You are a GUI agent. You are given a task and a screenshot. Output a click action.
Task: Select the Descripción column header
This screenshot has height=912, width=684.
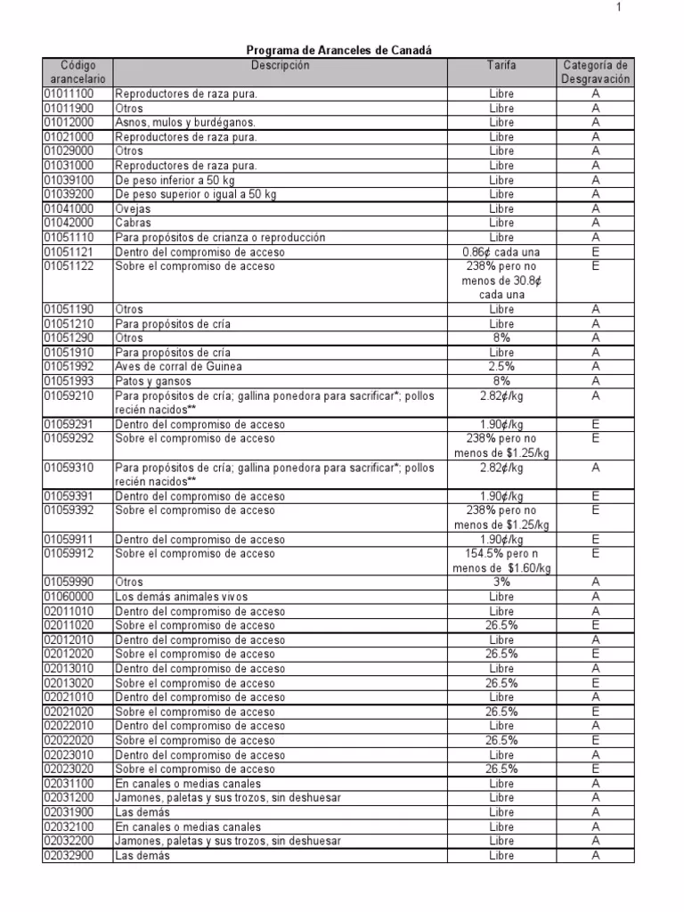[280, 66]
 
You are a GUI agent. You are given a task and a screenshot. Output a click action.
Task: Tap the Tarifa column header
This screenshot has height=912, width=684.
[501, 66]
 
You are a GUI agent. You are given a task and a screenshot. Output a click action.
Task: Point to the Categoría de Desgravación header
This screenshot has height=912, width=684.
[596, 72]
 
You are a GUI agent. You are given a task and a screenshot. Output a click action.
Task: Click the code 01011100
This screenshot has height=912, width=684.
[69, 94]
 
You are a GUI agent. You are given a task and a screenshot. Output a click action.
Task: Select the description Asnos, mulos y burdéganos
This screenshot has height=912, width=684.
[185, 122]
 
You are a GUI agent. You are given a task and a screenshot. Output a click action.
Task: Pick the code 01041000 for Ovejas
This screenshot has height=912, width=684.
[69, 208]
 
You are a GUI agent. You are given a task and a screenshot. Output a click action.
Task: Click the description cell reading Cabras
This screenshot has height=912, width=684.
[134, 223]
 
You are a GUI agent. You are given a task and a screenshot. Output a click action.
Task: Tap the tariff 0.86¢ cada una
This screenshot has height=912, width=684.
[501, 252]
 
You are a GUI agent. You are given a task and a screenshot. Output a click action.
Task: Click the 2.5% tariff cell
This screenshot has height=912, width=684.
[501, 366]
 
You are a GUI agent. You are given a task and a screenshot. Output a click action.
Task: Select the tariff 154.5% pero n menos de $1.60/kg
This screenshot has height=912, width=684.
[501, 561]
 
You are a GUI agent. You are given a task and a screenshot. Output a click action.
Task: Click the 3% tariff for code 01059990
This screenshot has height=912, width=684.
[501, 582]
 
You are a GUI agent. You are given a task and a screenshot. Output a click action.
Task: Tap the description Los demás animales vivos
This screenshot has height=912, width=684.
[182, 597]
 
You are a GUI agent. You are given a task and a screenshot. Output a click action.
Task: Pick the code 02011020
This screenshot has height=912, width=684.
[69, 625]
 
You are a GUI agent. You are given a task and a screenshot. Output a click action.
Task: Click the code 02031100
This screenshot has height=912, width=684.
[69, 784]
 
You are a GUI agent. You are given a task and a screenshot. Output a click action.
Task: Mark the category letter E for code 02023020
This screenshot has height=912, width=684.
[596, 769]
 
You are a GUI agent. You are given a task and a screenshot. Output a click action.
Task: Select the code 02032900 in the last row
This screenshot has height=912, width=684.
[69, 855]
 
